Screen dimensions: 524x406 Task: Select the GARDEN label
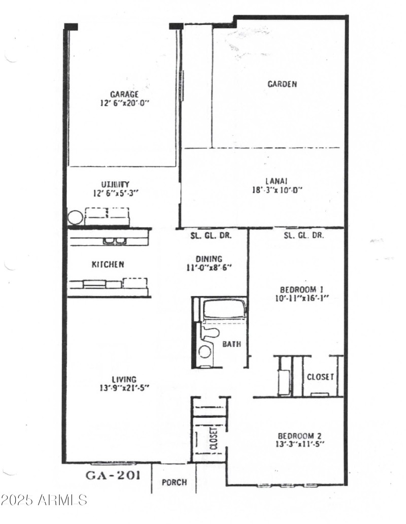click(x=282, y=84)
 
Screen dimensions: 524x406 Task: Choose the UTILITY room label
click(x=115, y=184)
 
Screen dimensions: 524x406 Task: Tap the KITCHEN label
click(x=108, y=265)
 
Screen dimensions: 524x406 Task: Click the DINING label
click(x=209, y=258)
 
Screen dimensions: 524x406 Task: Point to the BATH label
click(x=231, y=344)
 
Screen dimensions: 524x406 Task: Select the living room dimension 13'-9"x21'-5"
click(x=125, y=388)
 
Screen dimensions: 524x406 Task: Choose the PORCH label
click(x=174, y=482)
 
